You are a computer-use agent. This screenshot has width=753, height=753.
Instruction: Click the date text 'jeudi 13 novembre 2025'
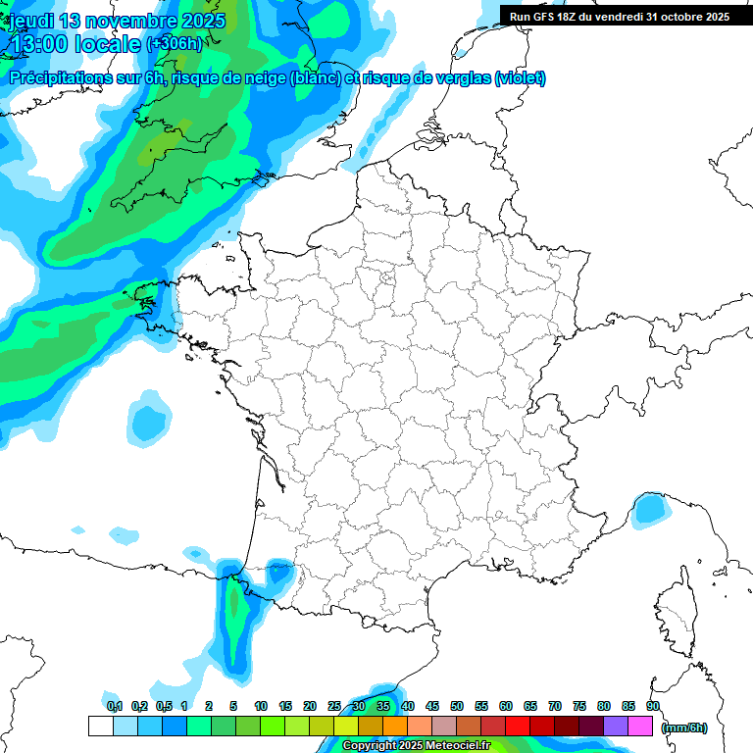click(117, 21)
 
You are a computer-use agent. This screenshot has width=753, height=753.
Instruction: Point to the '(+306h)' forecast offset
click(174, 43)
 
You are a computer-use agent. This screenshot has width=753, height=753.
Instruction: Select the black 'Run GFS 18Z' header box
click(620, 16)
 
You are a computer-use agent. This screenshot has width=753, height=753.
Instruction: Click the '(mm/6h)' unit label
click(683, 728)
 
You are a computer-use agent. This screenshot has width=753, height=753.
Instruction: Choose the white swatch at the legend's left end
click(100, 727)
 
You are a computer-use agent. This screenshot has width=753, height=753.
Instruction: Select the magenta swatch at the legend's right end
click(641, 727)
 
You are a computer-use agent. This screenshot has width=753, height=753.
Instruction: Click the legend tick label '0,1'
click(114, 706)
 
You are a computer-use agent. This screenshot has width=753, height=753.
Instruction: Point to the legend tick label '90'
click(653, 706)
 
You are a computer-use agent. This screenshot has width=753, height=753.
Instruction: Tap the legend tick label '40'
click(408, 706)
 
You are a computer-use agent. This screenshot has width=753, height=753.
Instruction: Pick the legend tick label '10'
click(261, 706)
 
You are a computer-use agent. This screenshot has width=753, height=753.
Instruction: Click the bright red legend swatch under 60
click(518, 727)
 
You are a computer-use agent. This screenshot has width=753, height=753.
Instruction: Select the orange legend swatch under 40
click(395, 727)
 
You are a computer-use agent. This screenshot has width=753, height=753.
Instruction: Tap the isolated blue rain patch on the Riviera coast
click(648, 509)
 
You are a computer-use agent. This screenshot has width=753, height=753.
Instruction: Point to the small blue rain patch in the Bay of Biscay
click(149, 421)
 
